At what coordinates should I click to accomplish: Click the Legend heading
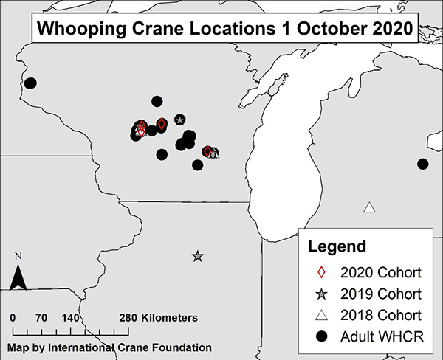coord(336,245)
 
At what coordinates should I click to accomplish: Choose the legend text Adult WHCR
coord(382,337)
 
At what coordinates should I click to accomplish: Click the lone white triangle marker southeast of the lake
coord(369,207)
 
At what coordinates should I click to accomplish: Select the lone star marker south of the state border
coord(197,256)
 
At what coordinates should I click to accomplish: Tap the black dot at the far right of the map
coord(422,164)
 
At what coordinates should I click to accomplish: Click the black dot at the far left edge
coord(30,83)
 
